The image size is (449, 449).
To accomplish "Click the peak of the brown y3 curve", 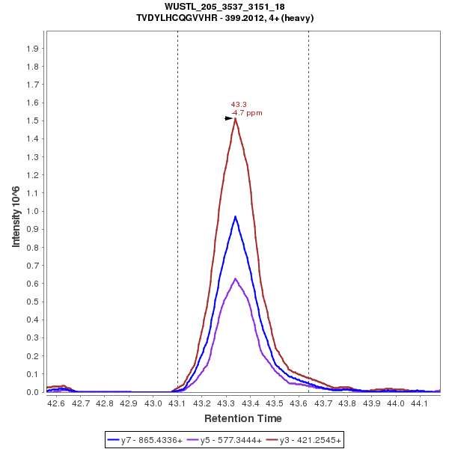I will (236, 118).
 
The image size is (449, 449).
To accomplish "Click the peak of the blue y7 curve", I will (236, 216).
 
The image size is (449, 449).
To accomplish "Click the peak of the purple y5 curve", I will (236, 278).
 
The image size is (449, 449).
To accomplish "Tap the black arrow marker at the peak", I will (229, 118).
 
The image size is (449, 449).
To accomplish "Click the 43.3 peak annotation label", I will (239, 105).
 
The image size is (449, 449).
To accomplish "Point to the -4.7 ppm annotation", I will (247, 113).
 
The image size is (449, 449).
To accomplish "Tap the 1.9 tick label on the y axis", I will (33, 49).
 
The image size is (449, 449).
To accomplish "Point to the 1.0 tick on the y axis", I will (33, 211).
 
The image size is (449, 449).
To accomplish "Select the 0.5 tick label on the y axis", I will (33, 302).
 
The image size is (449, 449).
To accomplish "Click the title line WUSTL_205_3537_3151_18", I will (224, 7).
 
